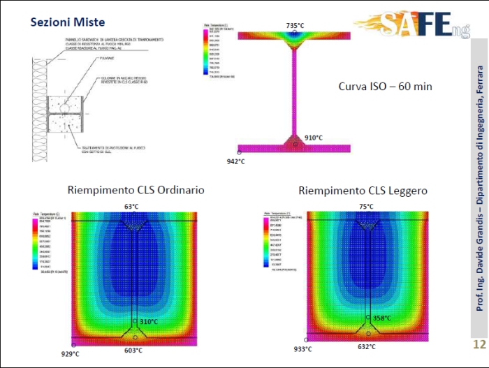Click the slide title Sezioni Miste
(67, 22)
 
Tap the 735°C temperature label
(295, 26)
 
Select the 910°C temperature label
(314, 138)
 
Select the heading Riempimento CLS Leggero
(363, 190)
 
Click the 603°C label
(133, 351)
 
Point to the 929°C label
(71, 354)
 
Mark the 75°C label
(365, 207)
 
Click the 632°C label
(366, 345)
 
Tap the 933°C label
(303, 348)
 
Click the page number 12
(479, 344)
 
